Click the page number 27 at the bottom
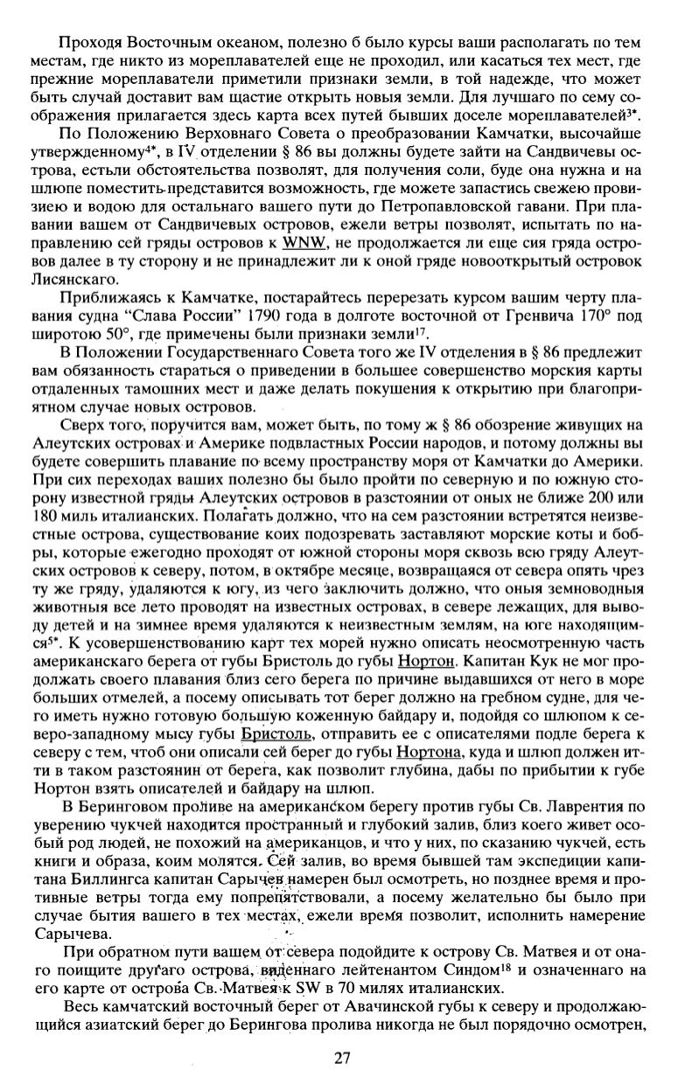click(342, 1059)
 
